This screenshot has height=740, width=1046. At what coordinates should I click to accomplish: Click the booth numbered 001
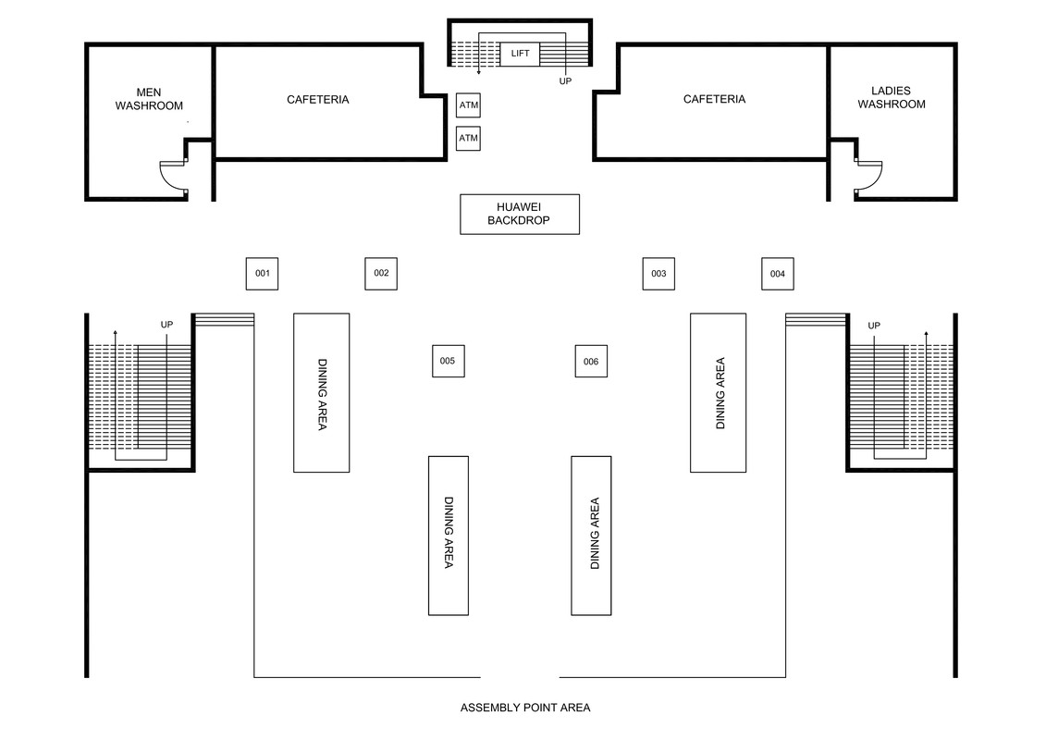point(262,274)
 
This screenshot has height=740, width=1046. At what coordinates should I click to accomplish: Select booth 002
point(381,274)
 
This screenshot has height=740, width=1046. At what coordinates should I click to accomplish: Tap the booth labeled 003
point(658,274)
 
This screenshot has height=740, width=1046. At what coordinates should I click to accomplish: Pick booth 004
point(777,274)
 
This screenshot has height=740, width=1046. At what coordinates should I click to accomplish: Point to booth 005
point(448,361)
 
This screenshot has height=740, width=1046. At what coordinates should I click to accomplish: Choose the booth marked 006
point(591,362)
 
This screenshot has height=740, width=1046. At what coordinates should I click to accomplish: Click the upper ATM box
point(469,105)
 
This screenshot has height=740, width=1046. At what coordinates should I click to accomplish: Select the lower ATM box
point(469,139)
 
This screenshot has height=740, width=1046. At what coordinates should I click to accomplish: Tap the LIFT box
point(520,54)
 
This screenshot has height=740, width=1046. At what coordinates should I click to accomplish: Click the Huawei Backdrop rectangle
point(520,215)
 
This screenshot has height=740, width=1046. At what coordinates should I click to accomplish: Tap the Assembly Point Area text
point(525,709)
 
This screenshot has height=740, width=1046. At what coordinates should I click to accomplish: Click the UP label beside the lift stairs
point(565,82)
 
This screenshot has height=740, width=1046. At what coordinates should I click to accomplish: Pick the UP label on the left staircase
point(166,325)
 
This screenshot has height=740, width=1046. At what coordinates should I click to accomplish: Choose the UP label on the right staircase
point(873,326)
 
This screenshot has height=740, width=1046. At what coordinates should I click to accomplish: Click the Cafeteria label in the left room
point(318,100)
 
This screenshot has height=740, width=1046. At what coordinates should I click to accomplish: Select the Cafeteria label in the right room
point(714,100)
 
